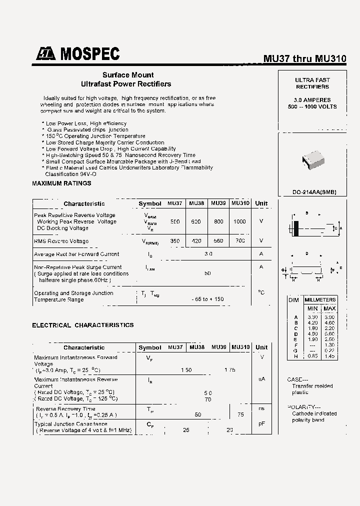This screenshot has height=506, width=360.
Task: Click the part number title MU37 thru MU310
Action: pos(304,58)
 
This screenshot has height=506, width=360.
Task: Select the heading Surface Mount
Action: pos(128,75)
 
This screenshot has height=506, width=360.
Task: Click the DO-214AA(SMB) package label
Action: pos(314,192)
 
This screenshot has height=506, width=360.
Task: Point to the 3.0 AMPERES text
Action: pos(312,100)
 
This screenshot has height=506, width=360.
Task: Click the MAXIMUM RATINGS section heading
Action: pos(61,183)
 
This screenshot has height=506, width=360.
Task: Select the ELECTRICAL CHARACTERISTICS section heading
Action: pos(83,325)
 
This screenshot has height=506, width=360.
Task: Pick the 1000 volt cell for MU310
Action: pos(239,221)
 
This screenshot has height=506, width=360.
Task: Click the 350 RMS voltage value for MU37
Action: pos(174,241)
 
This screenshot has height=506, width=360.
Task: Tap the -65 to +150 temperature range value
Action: pos(207,299)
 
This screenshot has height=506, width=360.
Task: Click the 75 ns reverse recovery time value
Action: pos(240,414)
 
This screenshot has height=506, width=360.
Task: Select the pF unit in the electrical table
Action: pos(261,424)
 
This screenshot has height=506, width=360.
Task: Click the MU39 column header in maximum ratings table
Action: pos(218,203)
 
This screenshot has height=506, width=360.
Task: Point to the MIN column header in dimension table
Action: pos(312,308)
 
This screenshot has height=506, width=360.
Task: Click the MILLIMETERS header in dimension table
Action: pos(320,299)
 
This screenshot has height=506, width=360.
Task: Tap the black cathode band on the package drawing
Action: pos(296,228)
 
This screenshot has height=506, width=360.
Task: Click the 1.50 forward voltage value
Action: pos(186,369)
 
